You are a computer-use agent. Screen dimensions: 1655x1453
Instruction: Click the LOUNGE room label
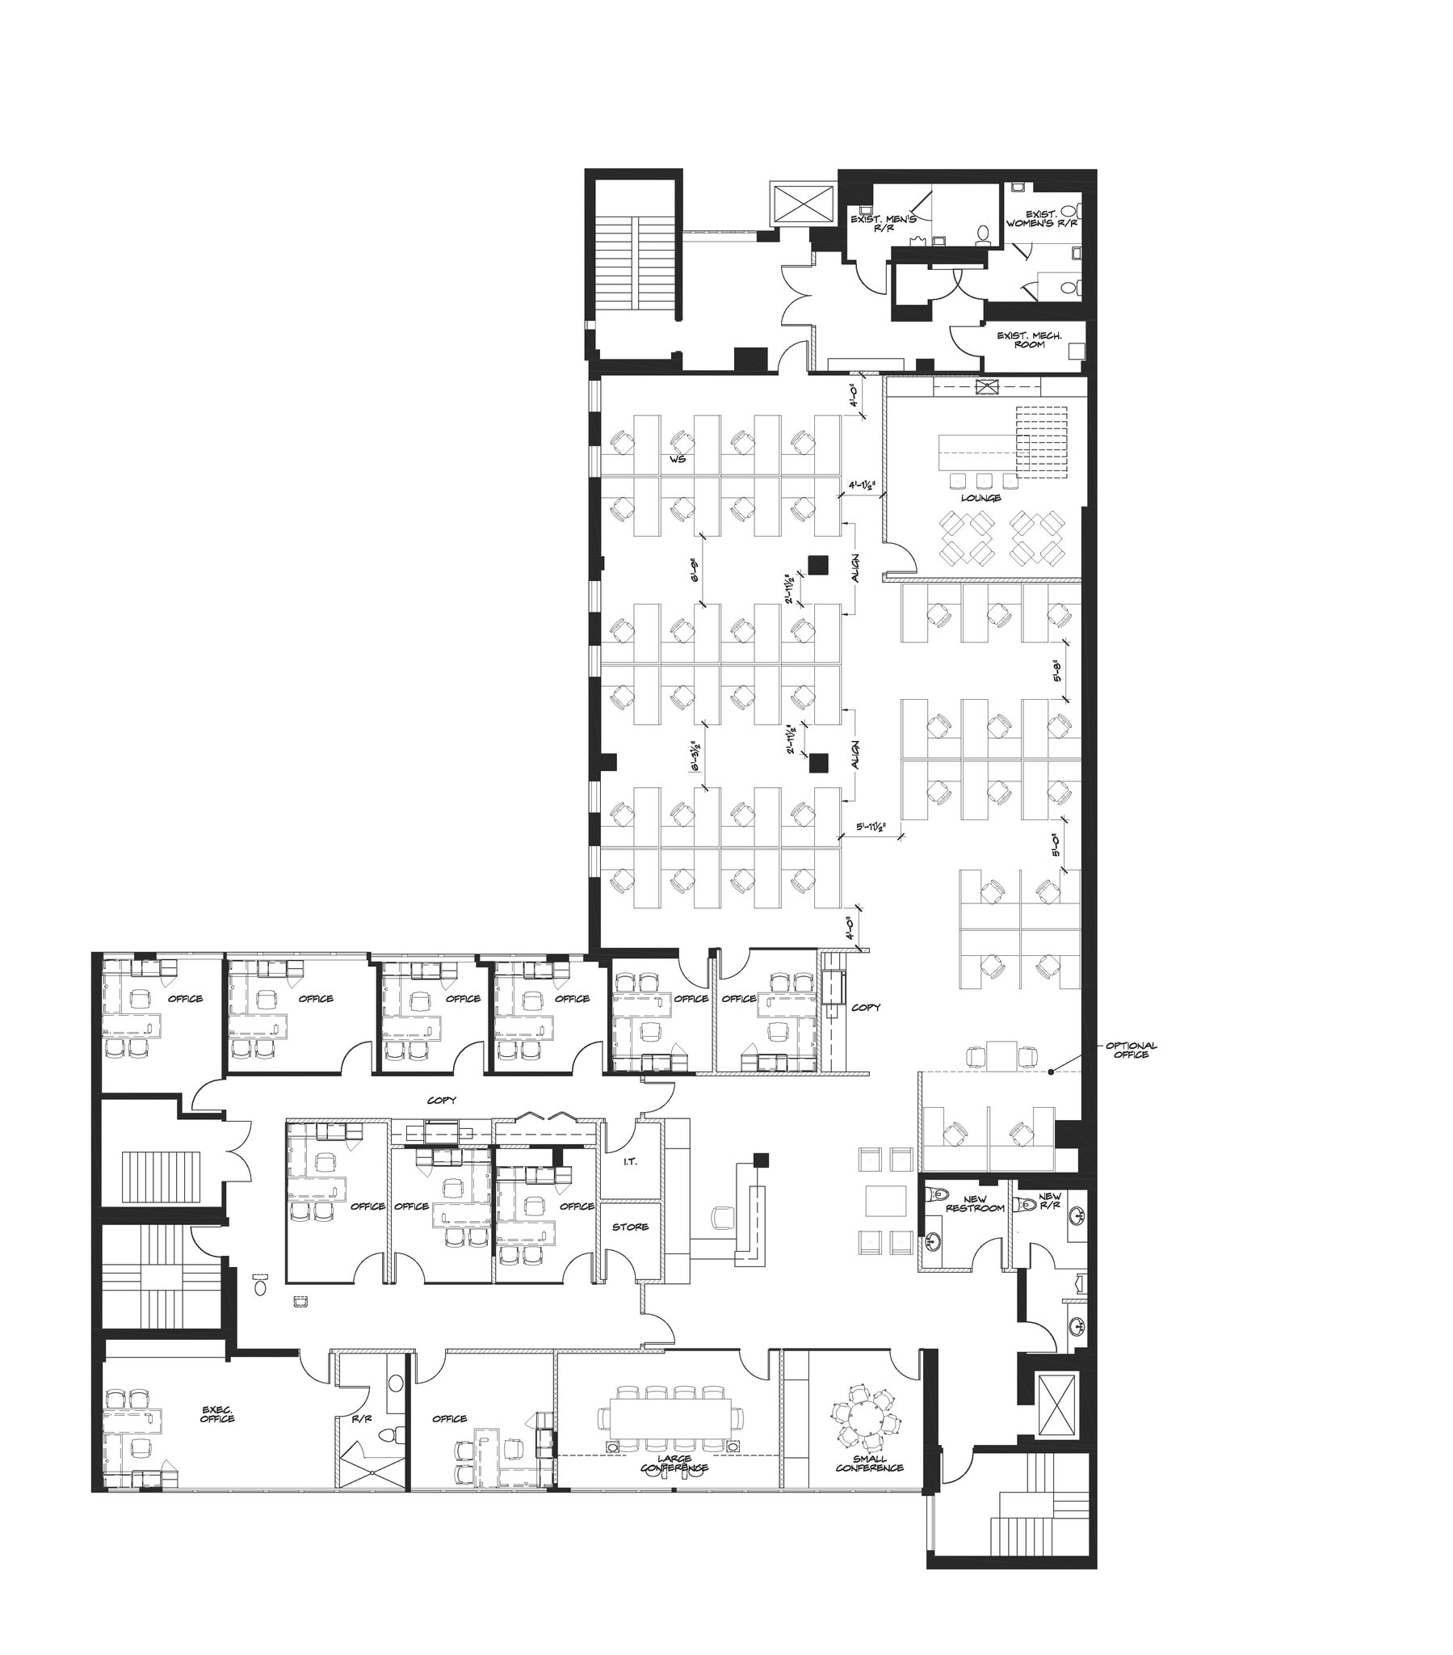tap(981, 498)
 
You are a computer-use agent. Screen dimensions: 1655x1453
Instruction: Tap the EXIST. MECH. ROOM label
tap(1028, 339)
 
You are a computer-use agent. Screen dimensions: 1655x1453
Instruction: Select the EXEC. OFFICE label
tap(217, 1413)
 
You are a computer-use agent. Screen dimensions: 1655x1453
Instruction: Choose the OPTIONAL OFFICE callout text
tap(1131, 1051)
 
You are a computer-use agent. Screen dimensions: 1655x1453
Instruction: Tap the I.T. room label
tap(630, 1162)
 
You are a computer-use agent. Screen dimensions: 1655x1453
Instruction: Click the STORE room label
tap(630, 1227)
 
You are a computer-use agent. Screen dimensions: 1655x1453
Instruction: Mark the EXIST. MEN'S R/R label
tap(882, 224)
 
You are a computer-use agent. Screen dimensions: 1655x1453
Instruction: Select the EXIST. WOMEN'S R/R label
tap(1041, 219)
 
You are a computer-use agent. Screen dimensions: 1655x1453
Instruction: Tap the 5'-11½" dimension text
tap(871, 828)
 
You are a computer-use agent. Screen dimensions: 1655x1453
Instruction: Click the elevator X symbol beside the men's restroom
tap(803, 201)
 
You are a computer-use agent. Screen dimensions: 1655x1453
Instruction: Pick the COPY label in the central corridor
tap(442, 1101)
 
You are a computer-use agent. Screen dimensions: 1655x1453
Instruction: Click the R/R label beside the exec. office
tap(361, 1418)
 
